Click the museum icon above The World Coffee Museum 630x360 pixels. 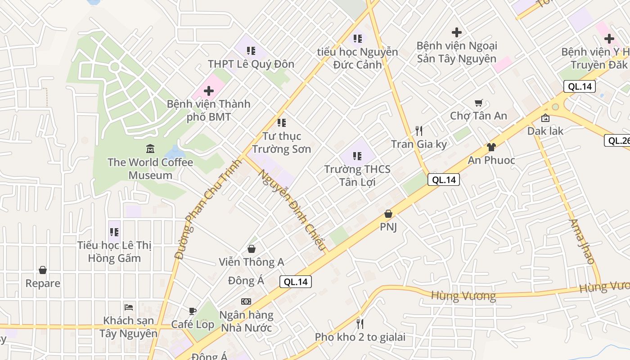coord(150,148)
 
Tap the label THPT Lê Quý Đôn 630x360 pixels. coord(251,64)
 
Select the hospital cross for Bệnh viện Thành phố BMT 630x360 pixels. coord(209,91)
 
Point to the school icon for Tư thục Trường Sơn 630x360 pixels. coord(282,122)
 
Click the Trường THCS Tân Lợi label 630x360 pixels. coord(357,175)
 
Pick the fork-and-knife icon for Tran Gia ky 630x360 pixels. coord(419,130)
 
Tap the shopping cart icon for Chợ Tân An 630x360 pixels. coord(479,103)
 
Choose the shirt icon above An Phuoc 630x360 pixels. coord(491,147)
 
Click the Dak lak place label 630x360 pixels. coord(545,131)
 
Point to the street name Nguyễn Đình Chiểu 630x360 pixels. coord(291,210)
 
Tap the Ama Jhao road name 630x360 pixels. coord(582,241)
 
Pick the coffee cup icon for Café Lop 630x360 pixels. coord(193,311)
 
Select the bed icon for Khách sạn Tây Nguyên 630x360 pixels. coord(129,307)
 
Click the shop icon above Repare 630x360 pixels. coord(43,270)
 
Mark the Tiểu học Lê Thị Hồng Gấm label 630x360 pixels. coord(114,252)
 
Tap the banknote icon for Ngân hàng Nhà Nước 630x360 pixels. coord(246,301)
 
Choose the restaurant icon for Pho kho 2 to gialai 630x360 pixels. coord(360,324)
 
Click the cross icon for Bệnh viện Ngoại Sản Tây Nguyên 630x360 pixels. coord(457,32)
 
